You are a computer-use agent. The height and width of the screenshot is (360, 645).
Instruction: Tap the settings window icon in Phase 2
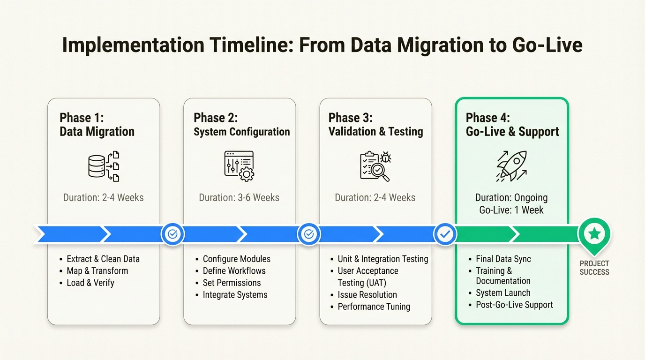(239, 166)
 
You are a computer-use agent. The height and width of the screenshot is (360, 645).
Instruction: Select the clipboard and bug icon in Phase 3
(375, 166)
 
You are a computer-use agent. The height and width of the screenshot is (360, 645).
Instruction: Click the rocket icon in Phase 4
(511, 166)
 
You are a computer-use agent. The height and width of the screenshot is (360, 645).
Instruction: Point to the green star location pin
(594, 233)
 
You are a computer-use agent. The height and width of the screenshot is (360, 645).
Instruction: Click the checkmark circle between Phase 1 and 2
(172, 234)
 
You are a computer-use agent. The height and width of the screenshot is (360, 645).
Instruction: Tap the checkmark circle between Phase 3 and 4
(444, 234)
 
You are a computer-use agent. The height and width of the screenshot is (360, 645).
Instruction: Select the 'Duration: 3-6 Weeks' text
(239, 197)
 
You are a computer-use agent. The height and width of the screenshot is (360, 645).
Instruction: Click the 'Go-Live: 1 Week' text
(511, 210)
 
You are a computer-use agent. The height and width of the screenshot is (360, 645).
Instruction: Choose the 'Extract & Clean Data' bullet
(103, 259)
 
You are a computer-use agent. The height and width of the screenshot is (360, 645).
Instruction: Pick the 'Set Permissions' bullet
(232, 283)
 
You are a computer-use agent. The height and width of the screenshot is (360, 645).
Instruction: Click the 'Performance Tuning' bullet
(374, 307)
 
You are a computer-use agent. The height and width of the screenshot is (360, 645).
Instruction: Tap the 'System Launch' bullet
(503, 292)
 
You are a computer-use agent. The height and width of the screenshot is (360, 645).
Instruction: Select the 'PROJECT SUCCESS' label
(594, 268)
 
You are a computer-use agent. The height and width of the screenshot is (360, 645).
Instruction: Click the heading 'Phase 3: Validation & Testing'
(375, 125)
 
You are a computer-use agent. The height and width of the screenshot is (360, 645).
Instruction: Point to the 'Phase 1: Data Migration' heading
(97, 125)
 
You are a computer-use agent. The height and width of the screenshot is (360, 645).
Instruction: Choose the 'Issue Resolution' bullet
(367, 294)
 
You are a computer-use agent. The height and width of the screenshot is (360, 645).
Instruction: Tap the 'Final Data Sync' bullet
(503, 259)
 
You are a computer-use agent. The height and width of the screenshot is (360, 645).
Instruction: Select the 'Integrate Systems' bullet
(235, 294)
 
